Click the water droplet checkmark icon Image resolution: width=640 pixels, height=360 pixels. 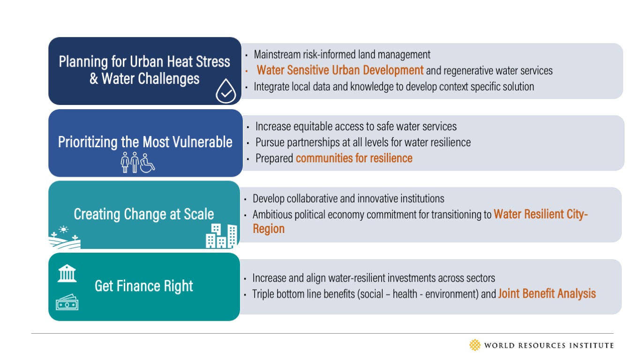point(226,91)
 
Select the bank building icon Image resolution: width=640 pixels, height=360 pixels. point(67,273)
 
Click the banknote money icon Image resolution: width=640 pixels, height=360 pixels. point(67,303)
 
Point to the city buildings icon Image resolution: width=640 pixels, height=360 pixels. point(221,236)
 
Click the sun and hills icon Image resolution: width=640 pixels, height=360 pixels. point(65,237)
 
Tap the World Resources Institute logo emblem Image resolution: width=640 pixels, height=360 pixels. point(475,345)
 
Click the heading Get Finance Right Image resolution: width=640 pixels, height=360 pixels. point(144,286)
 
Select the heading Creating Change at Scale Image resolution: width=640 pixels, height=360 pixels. point(144,214)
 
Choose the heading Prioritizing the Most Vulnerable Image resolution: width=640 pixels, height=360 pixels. point(145,142)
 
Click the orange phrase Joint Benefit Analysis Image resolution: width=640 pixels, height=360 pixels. point(547,294)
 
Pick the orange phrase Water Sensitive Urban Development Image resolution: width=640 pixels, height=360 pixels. point(340,70)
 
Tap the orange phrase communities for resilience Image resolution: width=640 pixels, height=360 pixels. point(354,158)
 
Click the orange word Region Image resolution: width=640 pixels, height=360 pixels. point(269,229)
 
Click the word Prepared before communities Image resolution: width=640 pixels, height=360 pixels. point(274,158)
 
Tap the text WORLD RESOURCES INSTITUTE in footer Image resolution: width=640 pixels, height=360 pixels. point(549,345)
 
